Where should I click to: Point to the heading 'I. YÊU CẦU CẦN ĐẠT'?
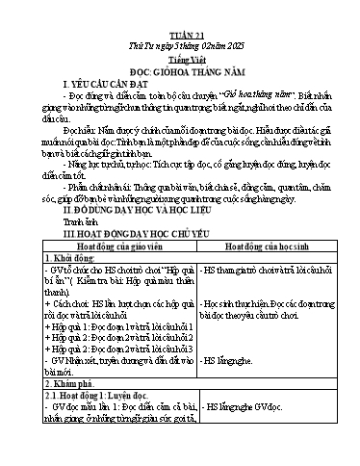pyautogui.click(x=107, y=57)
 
